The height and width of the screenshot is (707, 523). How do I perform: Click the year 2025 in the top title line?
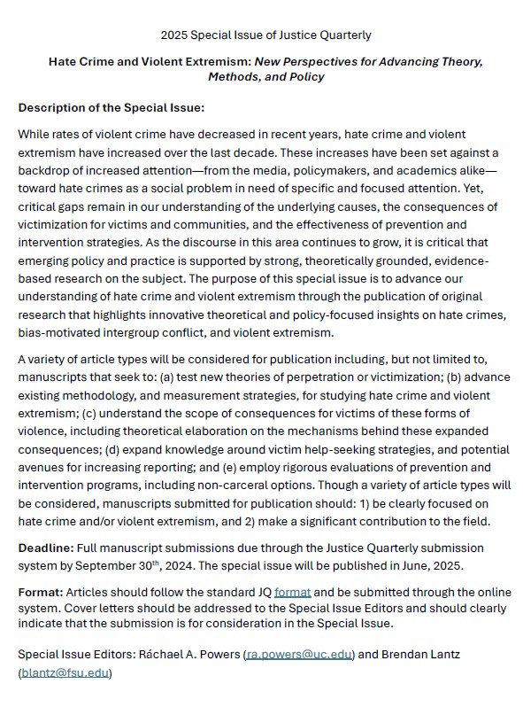coord(174,35)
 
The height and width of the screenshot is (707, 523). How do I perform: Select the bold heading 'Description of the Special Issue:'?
coord(112,107)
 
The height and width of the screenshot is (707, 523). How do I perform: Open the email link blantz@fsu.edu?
coord(65,672)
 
